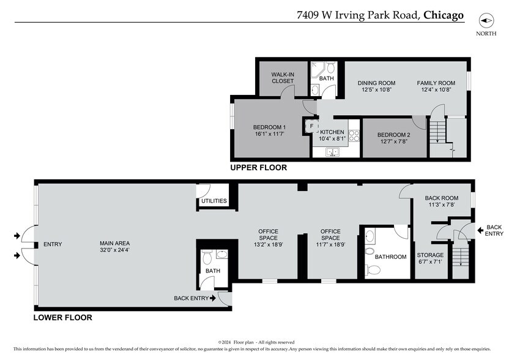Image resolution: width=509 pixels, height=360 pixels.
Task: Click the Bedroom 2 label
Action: (393, 135)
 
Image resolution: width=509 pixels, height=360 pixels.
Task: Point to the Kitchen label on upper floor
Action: (333, 132)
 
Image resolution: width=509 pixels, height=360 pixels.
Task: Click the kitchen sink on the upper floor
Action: (333, 152)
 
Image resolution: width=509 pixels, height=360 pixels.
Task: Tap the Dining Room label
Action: (376, 83)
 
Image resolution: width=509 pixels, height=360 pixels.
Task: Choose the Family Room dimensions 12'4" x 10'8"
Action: (436, 90)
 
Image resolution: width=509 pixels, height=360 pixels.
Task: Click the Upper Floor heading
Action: (258, 168)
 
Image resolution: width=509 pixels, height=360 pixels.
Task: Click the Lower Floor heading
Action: (63, 318)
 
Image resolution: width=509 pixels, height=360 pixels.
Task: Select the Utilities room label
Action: (214, 201)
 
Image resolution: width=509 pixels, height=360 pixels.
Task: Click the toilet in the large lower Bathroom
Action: (369, 268)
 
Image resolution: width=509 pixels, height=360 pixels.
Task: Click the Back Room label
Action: (441, 198)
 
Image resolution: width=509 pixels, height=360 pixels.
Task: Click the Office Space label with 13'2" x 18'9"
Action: (268, 234)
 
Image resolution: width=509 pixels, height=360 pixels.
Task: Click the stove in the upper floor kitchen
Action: (353, 135)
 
